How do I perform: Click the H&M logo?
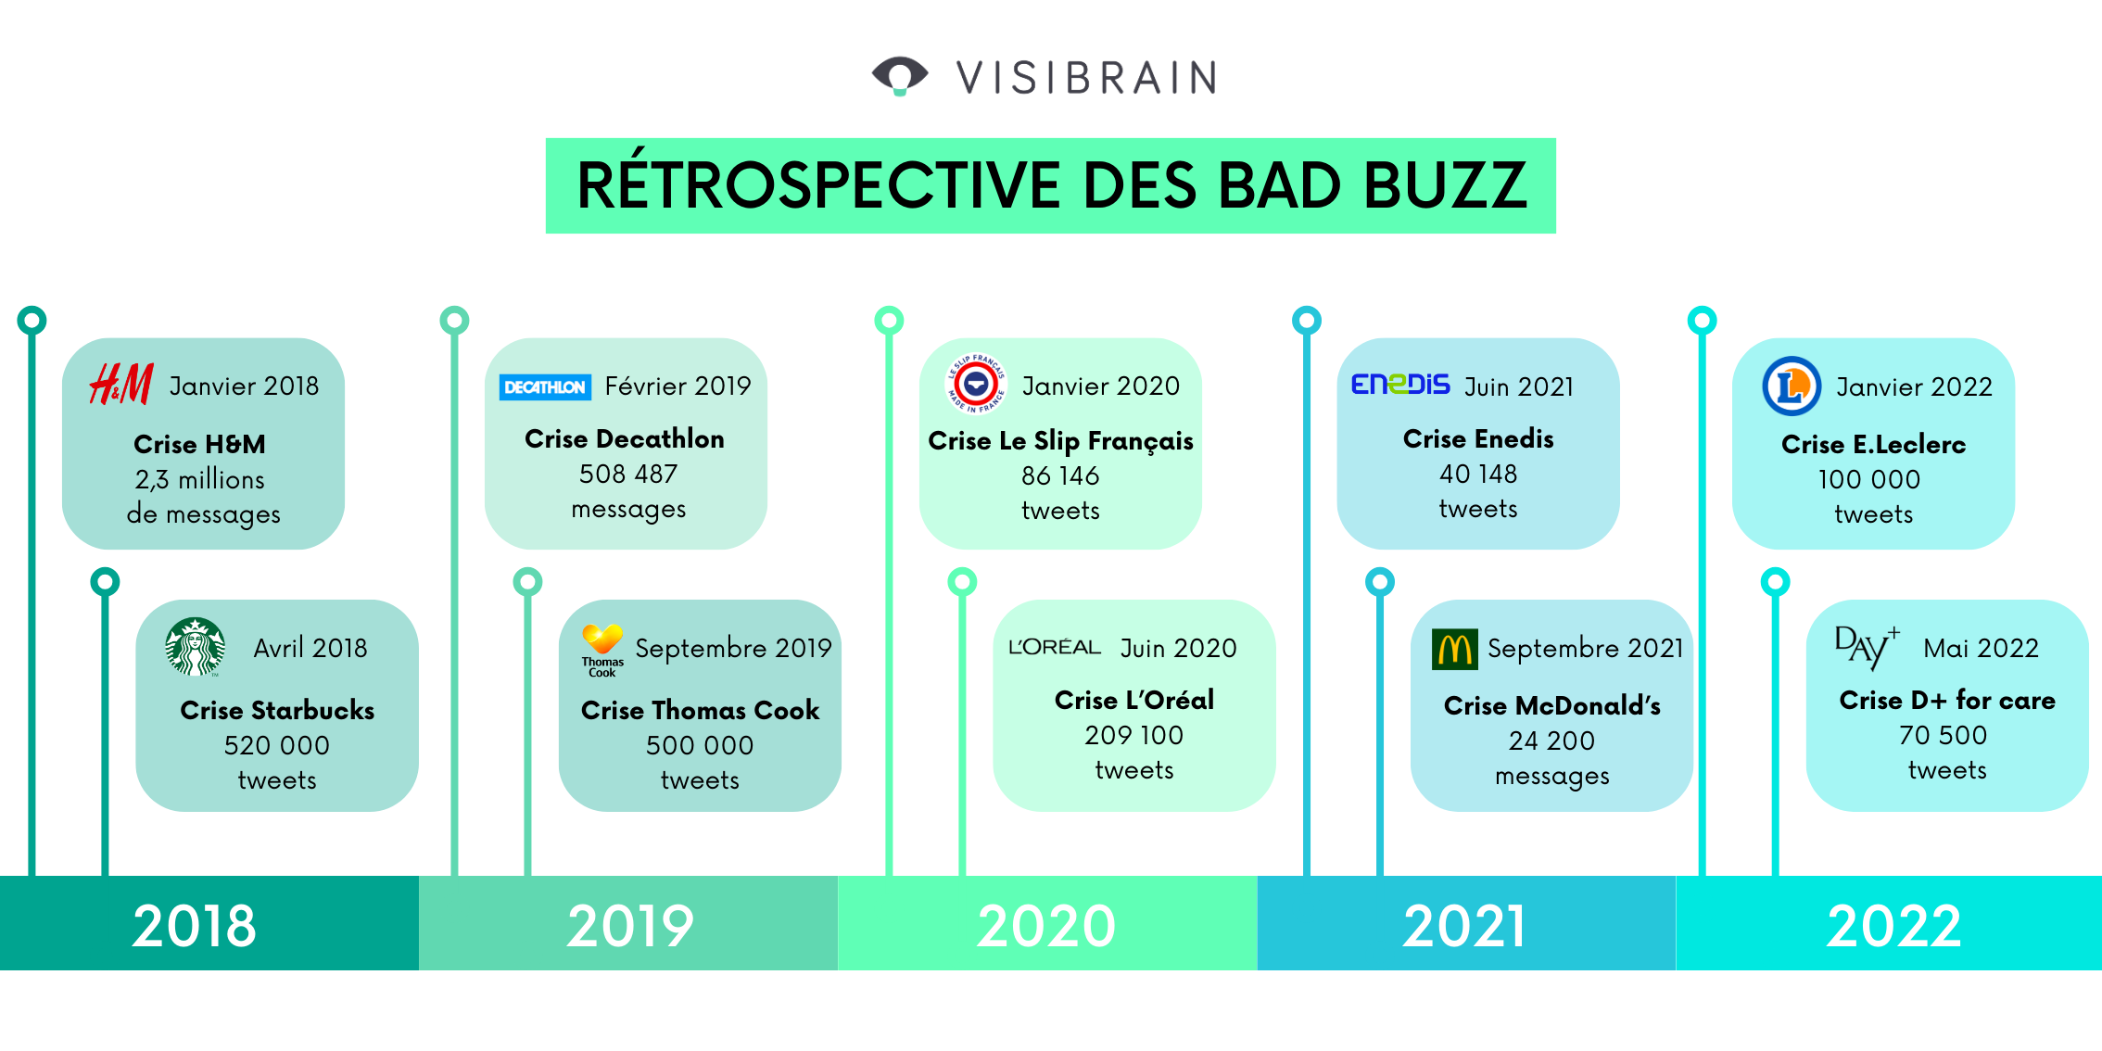[x=120, y=384]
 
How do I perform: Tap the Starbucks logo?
[x=195, y=647]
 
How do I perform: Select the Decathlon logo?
[x=545, y=387]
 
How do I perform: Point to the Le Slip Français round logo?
[x=975, y=383]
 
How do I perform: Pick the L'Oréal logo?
[x=1054, y=647]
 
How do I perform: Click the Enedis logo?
[x=1399, y=384]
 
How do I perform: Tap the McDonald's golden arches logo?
[x=1455, y=649]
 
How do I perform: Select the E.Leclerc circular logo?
[x=1791, y=386]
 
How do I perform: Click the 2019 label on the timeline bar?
[x=630, y=925]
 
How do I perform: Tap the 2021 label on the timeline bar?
[x=1464, y=925]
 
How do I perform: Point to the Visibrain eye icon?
[x=899, y=75]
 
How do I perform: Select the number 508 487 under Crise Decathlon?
[x=628, y=475]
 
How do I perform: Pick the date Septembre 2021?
[x=1585, y=649]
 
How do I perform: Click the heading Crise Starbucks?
[x=277, y=710]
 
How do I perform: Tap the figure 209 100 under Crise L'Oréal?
[x=1133, y=735]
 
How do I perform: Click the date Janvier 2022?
[x=1914, y=386]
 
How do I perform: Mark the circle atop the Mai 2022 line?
[x=1775, y=582]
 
